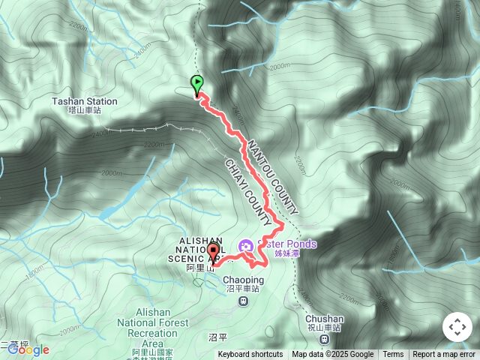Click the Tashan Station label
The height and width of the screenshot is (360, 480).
click(x=85, y=101)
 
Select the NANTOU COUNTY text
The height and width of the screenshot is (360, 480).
click(x=274, y=177)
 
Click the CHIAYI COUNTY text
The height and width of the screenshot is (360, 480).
click(x=247, y=193)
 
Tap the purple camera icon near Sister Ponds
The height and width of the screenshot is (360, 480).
click(x=245, y=245)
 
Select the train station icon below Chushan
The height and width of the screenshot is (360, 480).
click(x=325, y=339)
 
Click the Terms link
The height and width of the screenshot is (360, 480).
click(x=393, y=355)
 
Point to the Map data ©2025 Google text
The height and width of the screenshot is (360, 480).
click(x=332, y=355)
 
